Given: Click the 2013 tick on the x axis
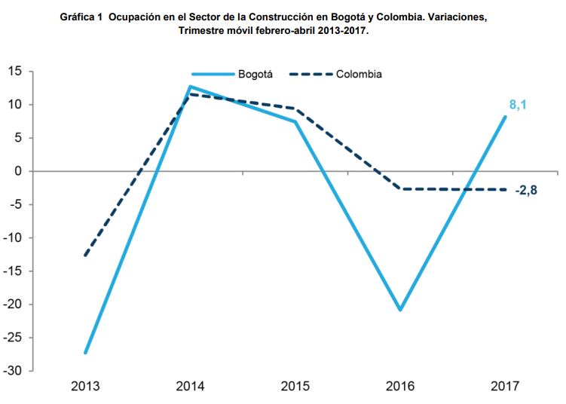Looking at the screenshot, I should [85, 387].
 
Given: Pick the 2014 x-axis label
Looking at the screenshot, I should [190, 387].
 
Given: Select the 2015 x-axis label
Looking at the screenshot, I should [295, 387].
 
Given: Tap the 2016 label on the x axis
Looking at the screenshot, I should [400, 387].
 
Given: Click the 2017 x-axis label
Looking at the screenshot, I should [505, 387].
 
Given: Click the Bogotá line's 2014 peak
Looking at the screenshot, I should [190, 87].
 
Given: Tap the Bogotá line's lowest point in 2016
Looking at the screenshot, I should [400, 310].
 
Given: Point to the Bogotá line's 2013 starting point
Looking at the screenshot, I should [85, 353].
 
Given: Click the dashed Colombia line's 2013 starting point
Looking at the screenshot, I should [85, 256].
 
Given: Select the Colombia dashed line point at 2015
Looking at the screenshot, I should [295, 109].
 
